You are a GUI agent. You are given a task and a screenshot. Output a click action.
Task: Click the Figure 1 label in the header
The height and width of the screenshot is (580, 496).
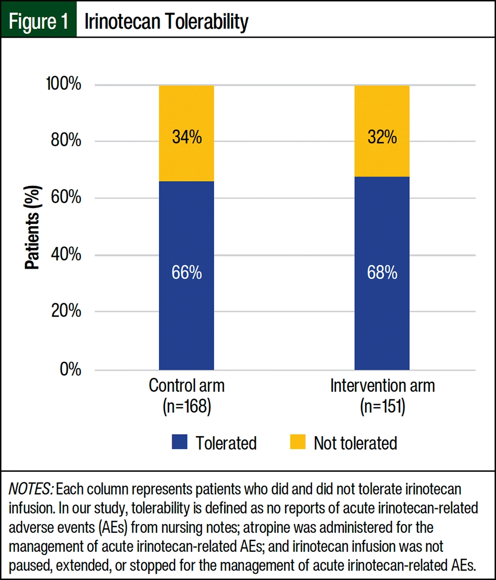click(x=39, y=22)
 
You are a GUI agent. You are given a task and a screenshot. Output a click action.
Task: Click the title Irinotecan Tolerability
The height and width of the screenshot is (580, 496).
click(x=166, y=22)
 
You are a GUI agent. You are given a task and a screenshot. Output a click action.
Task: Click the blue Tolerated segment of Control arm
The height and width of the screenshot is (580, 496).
click(x=186, y=308)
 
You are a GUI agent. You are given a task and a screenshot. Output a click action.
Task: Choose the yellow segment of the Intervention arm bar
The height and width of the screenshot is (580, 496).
click(x=382, y=114)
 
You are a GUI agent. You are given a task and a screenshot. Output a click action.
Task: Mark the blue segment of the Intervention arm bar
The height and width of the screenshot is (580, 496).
click(x=382, y=308)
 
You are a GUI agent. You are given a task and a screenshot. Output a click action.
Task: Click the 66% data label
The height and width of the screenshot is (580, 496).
click(x=186, y=273)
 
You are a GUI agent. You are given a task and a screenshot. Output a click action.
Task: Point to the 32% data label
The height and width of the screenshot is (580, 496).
click(x=382, y=137)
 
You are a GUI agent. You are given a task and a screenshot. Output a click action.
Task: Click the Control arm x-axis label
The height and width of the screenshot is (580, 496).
click(x=186, y=386)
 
